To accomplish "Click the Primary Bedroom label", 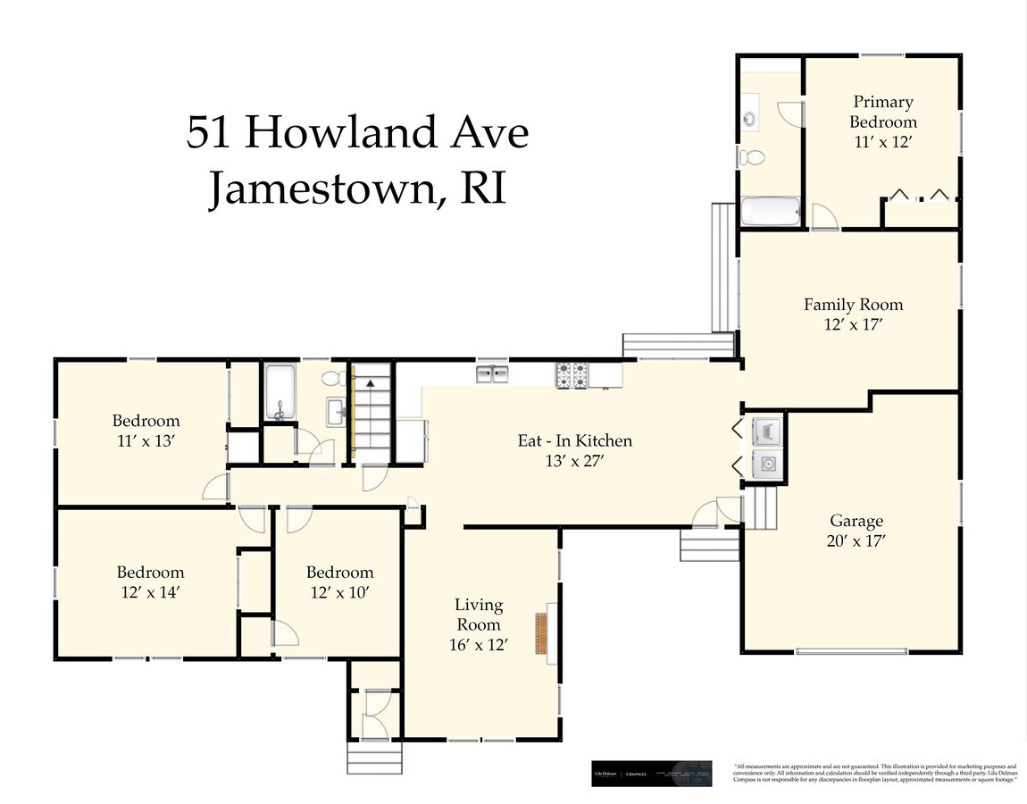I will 883,112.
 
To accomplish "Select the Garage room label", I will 856,521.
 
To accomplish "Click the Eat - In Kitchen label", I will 575,440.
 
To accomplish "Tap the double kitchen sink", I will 492,373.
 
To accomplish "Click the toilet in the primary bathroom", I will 752,158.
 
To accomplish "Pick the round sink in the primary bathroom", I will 748,119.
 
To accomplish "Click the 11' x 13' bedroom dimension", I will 146,440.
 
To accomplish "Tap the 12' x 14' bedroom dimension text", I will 150,592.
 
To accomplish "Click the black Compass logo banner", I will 652,774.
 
